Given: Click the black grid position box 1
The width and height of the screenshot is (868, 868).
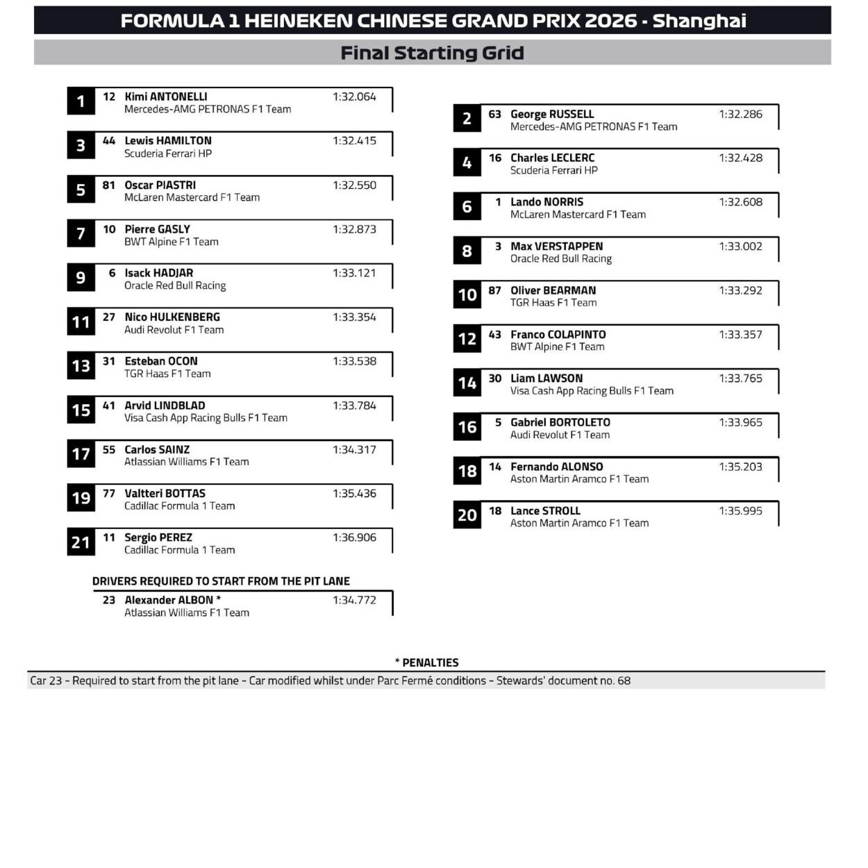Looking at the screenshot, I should (81, 101).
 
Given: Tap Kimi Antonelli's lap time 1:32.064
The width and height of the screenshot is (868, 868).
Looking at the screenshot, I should (354, 97).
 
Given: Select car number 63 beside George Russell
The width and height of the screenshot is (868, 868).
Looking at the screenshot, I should (494, 114).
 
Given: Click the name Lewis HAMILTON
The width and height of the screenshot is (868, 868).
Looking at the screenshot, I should (168, 140).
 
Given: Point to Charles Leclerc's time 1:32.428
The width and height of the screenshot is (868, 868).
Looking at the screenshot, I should (740, 158).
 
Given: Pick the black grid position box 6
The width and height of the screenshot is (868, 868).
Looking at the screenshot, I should (467, 207).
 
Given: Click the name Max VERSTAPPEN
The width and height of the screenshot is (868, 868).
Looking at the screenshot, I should (556, 246).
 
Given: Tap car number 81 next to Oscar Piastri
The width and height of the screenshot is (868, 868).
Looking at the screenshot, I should (109, 185).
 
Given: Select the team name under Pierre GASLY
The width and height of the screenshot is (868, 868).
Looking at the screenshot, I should (171, 242).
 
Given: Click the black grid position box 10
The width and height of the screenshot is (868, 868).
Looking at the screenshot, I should (467, 295).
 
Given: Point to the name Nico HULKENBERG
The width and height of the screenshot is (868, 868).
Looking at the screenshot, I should (172, 317).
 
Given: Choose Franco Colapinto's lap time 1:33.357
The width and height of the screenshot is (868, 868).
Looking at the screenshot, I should (740, 334).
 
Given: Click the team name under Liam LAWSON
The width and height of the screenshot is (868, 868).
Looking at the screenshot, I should (592, 391).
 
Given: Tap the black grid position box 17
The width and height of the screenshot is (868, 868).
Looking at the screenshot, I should (81, 454).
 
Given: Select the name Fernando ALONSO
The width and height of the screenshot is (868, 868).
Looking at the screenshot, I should (556, 467).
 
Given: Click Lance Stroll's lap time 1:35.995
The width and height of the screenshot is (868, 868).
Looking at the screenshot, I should (740, 510).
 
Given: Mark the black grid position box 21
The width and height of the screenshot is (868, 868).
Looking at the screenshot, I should (81, 542).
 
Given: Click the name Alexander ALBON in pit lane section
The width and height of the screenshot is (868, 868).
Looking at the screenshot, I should (169, 600).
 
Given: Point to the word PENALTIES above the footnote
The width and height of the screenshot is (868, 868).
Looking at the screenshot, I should (431, 662).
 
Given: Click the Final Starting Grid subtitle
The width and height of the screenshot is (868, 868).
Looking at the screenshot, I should (432, 53).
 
